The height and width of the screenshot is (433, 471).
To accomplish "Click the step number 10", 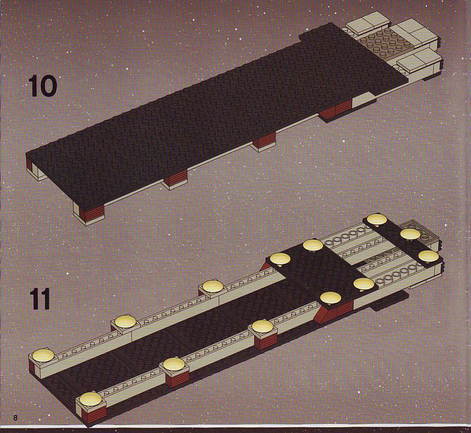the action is [42, 86].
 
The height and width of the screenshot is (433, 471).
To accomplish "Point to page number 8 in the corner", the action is [15, 418].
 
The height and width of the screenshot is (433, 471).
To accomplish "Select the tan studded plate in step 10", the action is [380, 43].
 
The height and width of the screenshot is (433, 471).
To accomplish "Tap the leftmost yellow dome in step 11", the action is [43, 355].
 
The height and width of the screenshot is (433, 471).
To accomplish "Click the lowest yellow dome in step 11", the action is [90, 399].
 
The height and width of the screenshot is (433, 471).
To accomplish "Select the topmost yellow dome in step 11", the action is [377, 219].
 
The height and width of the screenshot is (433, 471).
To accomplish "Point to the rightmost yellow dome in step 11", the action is [428, 256].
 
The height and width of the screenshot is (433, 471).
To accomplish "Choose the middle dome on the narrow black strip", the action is [410, 235].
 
